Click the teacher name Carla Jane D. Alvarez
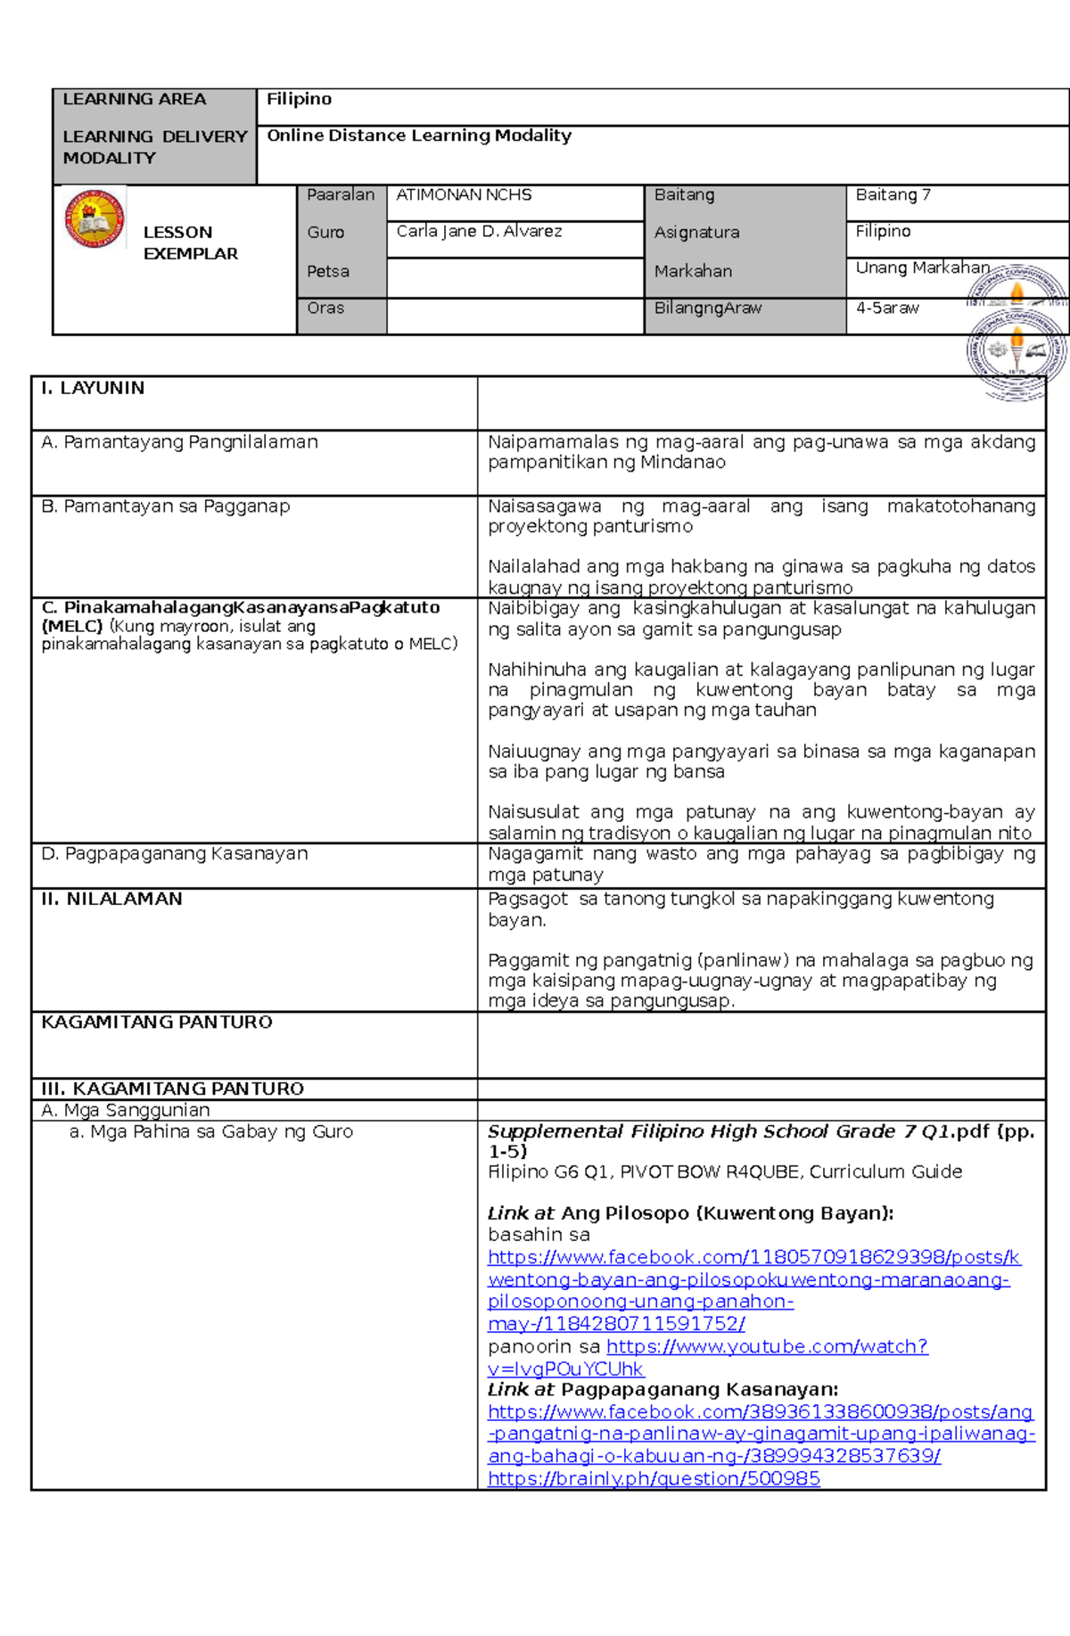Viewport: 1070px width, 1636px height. (x=479, y=232)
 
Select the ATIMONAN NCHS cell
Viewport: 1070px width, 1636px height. (x=464, y=195)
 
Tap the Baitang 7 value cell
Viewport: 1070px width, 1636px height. (x=893, y=195)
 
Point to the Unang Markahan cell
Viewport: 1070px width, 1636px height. (x=922, y=268)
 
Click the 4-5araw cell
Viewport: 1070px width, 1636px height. (x=887, y=308)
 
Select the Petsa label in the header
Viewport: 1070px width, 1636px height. (x=328, y=272)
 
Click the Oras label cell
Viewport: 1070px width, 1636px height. (x=325, y=308)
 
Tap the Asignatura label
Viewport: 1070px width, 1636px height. (x=696, y=233)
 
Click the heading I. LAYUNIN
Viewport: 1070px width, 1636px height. (x=93, y=389)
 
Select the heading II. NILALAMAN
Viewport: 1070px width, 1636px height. (x=111, y=900)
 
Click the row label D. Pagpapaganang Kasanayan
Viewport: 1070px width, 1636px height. (x=175, y=854)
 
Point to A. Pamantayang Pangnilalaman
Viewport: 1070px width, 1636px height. (x=179, y=442)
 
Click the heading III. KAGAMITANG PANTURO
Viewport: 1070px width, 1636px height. (x=172, y=1089)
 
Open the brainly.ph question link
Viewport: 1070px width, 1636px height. (x=654, y=1479)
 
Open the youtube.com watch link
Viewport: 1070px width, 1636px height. (x=767, y=1347)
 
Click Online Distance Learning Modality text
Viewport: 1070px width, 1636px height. (x=419, y=136)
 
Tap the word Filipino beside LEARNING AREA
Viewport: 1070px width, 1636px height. (x=299, y=99)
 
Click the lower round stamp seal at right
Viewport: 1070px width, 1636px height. (x=1017, y=352)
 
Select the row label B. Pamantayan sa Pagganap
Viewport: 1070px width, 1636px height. (x=166, y=506)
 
